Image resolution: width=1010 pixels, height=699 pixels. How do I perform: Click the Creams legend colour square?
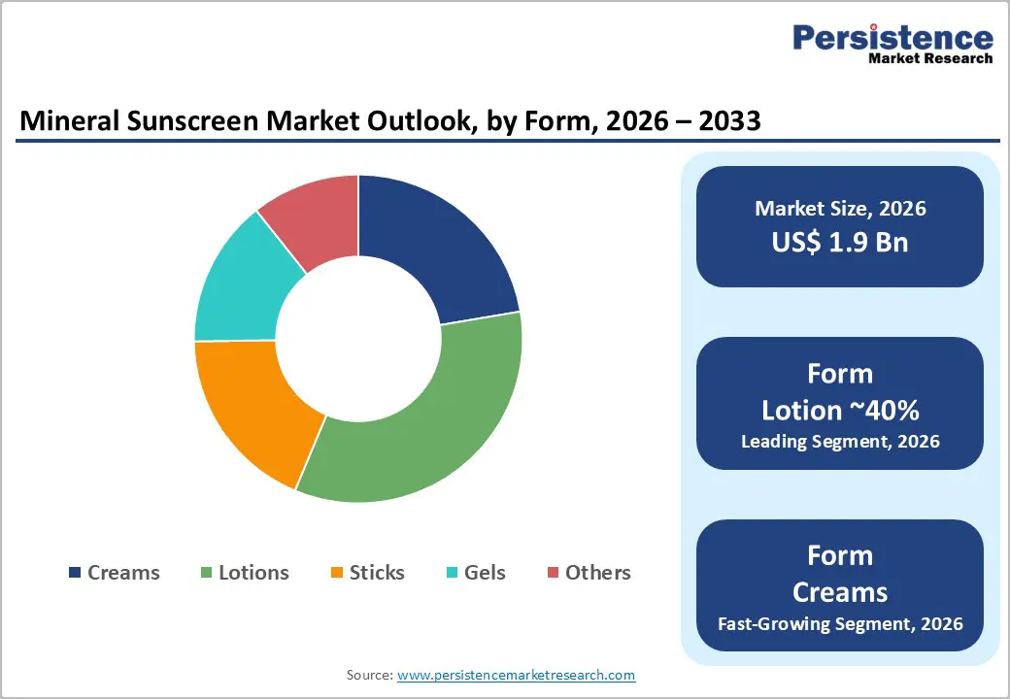click(x=75, y=573)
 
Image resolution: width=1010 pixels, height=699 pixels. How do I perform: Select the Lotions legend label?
click(x=253, y=573)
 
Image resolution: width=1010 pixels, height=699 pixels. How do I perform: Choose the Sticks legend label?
click(x=377, y=573)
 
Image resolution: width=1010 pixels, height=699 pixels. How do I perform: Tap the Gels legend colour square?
click(x=453, y=573)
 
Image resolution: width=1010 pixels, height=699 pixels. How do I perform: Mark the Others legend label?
click(x=597, y=573)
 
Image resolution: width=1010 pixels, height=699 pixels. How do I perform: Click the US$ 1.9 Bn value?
click(x=840, y=242)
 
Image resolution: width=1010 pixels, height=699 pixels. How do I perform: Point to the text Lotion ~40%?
click(x=840, y=410)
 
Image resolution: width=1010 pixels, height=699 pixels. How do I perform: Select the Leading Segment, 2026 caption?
click(x=840, y=441)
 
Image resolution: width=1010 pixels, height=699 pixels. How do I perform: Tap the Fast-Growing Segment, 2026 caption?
click(x=840, y=623)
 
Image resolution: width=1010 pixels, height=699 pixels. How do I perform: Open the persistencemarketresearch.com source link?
click(x=516, y=675)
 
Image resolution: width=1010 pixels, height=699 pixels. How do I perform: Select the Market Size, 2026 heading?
click(x=840, y=208)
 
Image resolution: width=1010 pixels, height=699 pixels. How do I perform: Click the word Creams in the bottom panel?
click(x=840, y=591)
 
